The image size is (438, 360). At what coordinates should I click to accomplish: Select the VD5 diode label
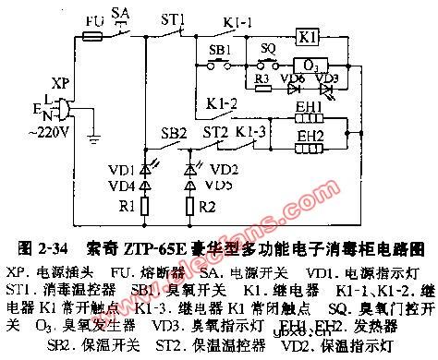click(x=219, y=183)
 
